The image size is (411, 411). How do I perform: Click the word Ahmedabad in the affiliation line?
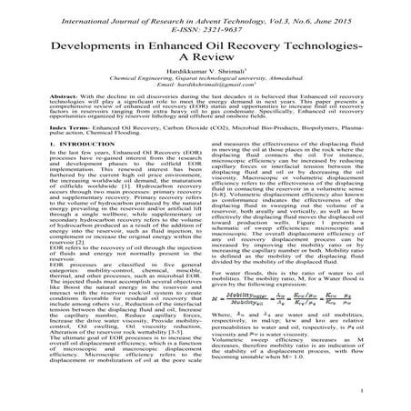coord(296,95)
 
